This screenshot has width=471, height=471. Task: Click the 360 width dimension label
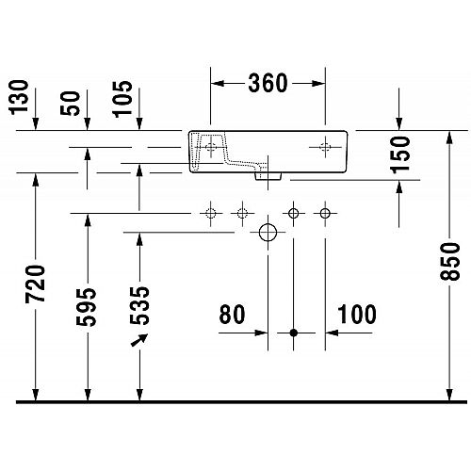click(x=268, y=83)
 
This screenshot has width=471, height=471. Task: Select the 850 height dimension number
click(x=449, y=261)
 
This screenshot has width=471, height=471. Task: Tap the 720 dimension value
click(x=35, y=284)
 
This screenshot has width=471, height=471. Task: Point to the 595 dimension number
click(x=87, y=307)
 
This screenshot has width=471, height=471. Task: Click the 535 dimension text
click(x=139, y=306)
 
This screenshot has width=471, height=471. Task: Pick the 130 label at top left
click(x=19, y=97)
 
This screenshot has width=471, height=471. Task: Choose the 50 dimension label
click(x=70, y=104)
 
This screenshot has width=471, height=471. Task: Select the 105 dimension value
click(x=122, y=99)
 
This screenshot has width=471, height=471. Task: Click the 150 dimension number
click(x=399, y=154)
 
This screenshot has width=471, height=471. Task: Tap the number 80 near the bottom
click(x=232, y=314)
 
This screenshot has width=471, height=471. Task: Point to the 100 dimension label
click(x=357, y=314)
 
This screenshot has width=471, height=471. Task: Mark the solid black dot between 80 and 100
click(x=294, y=333)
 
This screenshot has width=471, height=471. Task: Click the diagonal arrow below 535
click(x=139, y=340)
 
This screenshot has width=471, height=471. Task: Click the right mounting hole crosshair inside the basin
click(x=325, y=147)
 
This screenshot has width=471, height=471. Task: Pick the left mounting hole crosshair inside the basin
click(x=210, y=147)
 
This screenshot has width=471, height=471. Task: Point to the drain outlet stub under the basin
click(x=268, y=176)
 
